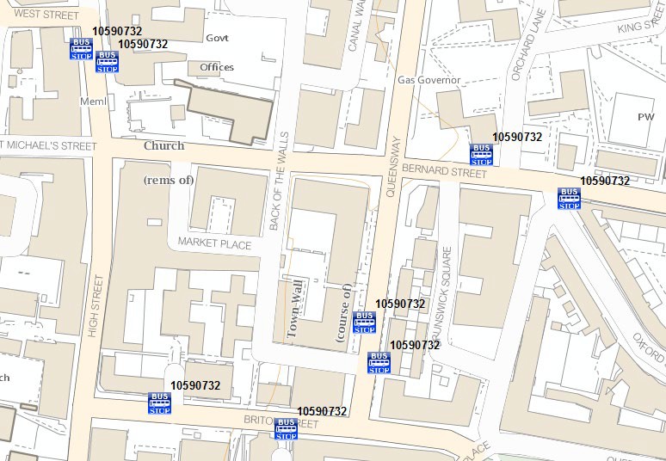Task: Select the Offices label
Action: click(217, 67)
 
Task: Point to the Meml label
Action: click(92, 101)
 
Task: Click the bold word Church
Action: click(163, 145)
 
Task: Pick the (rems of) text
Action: click(169, 180)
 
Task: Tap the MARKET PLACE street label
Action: click(214, 244)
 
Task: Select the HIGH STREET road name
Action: click(94, 306)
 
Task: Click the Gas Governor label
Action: click(429, 80)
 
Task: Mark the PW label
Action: click(645, 116)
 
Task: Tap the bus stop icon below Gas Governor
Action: click(481, 154)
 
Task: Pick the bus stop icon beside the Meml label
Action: click(106, 62)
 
